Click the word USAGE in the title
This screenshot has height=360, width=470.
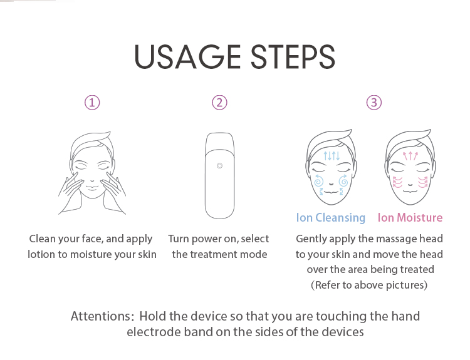(x=187, y=56)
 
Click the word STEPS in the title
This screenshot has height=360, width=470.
(x=293, y=56)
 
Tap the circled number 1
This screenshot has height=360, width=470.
(x=92, y=103)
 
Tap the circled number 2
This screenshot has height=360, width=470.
(x=220, y=103)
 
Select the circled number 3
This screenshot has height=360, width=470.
(x=374, y=103)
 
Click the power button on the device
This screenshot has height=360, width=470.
(x=220, y=166)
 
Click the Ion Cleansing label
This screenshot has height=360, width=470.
(x=331, y=218)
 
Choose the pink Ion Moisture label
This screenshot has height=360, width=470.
(x=410, y=217)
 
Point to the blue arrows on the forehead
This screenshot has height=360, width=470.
(x=332, y=156)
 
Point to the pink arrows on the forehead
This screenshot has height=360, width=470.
(x=410, y=156)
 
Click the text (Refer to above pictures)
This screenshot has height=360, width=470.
(x=369, y=285)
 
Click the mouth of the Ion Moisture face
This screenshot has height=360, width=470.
(x=410, y=191)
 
